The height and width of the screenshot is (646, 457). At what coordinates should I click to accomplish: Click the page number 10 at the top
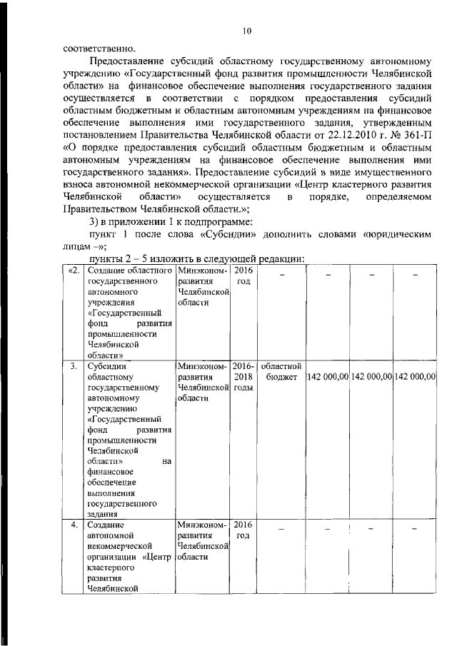(x=247, y=31)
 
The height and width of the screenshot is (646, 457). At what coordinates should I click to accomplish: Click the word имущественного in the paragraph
(x=386, y=172)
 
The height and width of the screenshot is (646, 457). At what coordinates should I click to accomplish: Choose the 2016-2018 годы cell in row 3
(x=243, y=376)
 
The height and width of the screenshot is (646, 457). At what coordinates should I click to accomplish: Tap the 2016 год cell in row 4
(x=243, y=530)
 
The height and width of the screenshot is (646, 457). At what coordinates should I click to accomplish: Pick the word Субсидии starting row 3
(x=106, y=365)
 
